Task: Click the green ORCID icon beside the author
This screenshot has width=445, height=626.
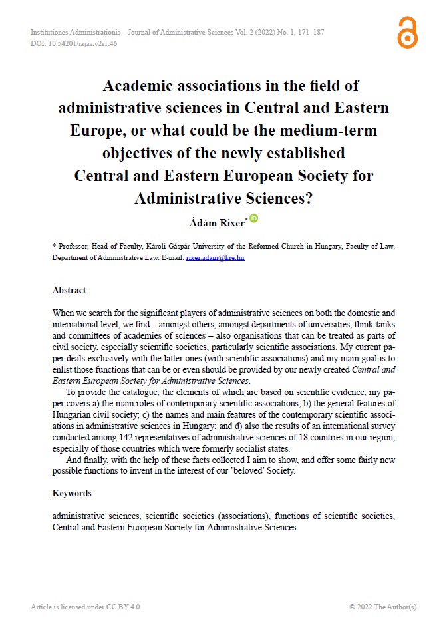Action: pos(253,218)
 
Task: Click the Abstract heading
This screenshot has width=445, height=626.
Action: pos(69,291)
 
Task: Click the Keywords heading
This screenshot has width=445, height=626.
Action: pos(72,493)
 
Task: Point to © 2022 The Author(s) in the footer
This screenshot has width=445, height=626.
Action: pos(382,607)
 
